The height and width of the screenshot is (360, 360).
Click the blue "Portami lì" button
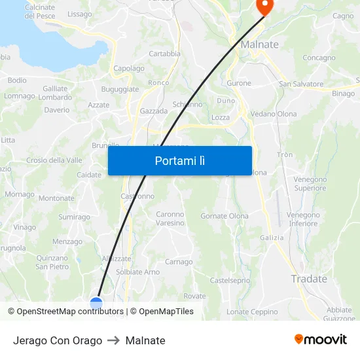tap(179, 160)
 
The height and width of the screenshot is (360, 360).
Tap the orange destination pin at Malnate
tap(264, 7)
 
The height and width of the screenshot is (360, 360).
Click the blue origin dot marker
tap(96, 302)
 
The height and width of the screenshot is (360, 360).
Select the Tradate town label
tap(309, 279)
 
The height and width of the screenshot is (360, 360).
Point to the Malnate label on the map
tap(259, 45)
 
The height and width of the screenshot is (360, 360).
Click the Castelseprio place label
tap(230, 280)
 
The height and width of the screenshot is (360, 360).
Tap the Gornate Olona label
tap(224, 216)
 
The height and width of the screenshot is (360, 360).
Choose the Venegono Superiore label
tap(310, 184)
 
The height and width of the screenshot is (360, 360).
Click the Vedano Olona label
tap(273, 114)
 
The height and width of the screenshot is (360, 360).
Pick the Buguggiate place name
tap(120, 89)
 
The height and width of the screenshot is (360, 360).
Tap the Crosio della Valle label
tap(54, 160)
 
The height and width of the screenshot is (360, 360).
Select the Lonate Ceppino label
tap(252, 312)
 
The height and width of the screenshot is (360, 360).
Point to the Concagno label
tap(319, 58)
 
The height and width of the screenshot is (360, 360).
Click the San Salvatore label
tap(301, 84)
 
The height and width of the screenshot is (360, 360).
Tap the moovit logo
tap(321, 340)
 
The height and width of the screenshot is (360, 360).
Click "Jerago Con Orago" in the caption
tap(58, 340)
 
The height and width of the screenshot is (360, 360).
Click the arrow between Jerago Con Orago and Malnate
tap(114, 340)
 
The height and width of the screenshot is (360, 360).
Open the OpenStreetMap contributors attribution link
tap(68, 312)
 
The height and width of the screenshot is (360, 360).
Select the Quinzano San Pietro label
tap(52, 262)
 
